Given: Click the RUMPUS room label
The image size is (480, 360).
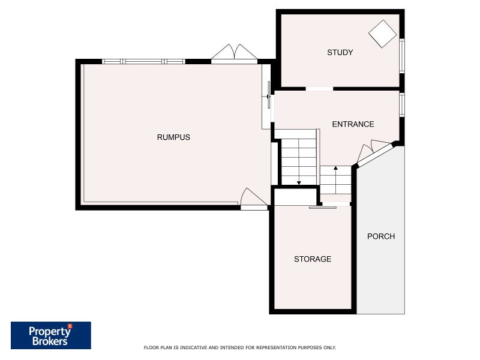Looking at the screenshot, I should (x=173, y=137).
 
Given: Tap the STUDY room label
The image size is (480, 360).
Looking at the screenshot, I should (x=340, y=53).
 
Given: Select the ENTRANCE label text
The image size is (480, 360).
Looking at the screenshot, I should (x=353, y=124).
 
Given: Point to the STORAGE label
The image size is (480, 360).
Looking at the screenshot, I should (x=312, y=259).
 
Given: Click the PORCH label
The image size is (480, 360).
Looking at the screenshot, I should (x=381, y=236).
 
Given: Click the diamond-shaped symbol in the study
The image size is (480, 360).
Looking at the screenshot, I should (x=382, y=34).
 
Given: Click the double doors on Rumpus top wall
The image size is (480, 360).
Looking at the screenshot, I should (x=234, y=54).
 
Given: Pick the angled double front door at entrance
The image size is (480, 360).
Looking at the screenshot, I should (x=373, y=154).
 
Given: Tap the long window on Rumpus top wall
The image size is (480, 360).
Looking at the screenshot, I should (x=143, y=61).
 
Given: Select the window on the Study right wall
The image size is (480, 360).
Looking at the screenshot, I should (x=402, y=56).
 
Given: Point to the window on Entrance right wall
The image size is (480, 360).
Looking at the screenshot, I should (x=402, y=104).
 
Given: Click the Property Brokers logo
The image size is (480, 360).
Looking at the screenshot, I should (x=51, y=335).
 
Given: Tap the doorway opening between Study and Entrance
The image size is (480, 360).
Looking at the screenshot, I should (x=319, y=89).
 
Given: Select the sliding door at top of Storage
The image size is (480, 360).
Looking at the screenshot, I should (x=323, y=208).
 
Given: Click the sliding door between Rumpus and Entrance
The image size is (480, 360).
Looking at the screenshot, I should (x=269, y=96).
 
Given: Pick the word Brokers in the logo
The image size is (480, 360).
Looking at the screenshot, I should (x=49, y=341).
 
